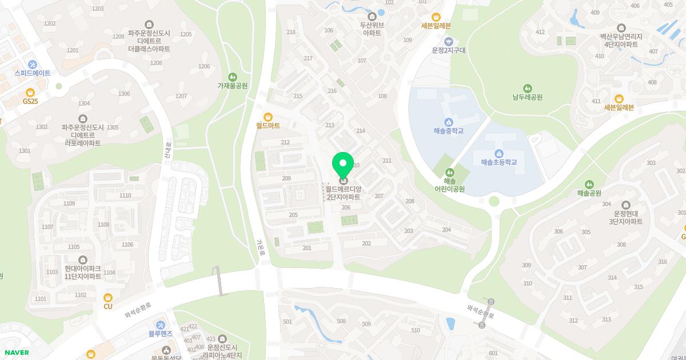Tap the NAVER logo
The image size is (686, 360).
[x=16, y=353]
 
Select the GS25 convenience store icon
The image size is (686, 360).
[x=31, y=92]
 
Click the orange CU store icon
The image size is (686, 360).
[x=108, y=297]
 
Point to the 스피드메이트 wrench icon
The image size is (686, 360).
[x=32, y=64]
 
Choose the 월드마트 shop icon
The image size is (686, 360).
[x=268, y=116]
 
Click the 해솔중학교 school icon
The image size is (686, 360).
[x=448, y=122]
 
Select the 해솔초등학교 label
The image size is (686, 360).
[x=498, y=162]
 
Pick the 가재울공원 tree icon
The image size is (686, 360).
[x=232, y=77]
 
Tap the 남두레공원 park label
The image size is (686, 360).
[x=527, y=97]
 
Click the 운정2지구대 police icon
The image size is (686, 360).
[x=449, y=41]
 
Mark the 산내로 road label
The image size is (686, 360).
[x=167, y=151]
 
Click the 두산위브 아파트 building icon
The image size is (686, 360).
[x=372, y=16]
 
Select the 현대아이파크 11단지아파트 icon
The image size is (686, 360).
[x=83, y=259]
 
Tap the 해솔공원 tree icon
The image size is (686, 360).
[x=589, y=184]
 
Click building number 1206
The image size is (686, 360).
[x=204, y=66]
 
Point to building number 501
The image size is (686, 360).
[x=287, y=322]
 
